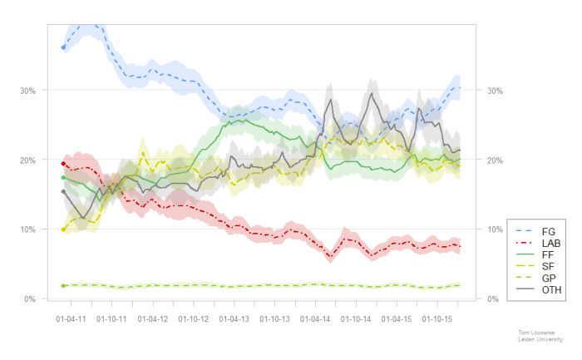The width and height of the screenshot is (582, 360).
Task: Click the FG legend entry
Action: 548,230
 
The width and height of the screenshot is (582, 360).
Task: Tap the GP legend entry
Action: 548,277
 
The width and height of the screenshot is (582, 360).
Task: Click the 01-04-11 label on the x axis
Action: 72,318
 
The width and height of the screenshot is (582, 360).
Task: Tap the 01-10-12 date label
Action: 193,318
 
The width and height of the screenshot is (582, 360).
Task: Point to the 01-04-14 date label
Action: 314,318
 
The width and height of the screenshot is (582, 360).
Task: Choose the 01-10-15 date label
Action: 435,318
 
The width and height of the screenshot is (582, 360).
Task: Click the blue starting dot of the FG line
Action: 64,47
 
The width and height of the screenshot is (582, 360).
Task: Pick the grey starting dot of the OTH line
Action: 64,192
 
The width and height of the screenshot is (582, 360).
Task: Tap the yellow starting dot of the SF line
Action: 64,229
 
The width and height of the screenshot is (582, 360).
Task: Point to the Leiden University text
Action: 535,338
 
